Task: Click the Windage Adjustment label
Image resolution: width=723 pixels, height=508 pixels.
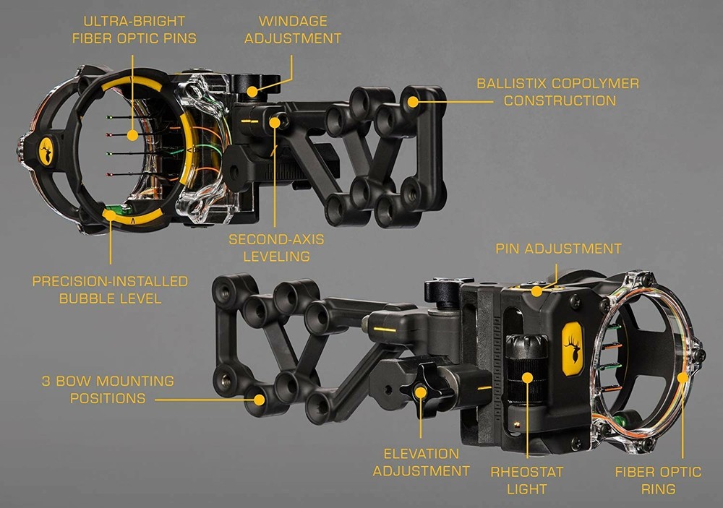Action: coord(292,30)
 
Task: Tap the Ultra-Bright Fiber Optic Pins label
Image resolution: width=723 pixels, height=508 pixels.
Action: coord(134,30)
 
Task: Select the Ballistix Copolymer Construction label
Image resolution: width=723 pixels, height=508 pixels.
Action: coord(557,92)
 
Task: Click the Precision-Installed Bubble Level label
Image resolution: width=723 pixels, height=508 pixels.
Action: coord(110,289)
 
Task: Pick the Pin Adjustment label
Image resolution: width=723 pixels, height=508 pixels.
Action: coord(558,249)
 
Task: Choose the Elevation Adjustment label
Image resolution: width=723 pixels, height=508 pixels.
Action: coord(422,462)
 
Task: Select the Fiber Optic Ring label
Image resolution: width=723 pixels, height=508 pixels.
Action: coord(658,480)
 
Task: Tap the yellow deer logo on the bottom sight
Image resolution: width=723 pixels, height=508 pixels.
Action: coord(573,347)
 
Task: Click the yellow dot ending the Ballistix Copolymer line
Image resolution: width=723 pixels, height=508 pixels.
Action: coord(413,101)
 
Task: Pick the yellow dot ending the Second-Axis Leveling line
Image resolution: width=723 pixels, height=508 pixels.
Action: coord(275,122)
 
